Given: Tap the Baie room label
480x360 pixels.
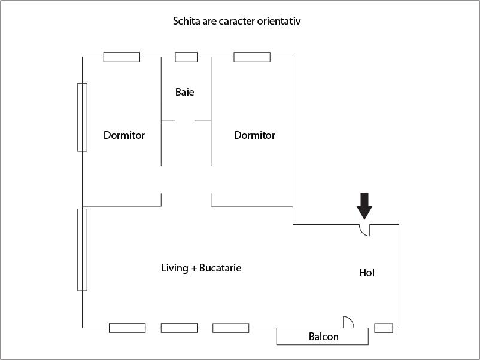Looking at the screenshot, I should tap(185, 92).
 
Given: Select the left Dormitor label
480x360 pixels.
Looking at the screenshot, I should tap(124, 135).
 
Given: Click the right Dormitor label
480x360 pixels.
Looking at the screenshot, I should tap(254, 135).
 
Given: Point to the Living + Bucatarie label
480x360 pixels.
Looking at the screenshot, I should tap(201, 268).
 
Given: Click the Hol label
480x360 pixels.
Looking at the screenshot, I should tap(366, 273).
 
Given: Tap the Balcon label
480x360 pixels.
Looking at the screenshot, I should tap(323, 337).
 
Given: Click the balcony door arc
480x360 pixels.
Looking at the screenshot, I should tap(348, 322).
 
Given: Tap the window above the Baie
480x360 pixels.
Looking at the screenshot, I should tap(186, 57).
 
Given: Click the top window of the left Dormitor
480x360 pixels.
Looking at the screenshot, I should tap(121, 57).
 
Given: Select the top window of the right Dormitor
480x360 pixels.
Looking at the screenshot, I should tap(252, 57).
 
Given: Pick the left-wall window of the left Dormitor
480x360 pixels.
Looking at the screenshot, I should tap(82, 117).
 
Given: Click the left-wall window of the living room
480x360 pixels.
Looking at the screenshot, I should tap(82, 249).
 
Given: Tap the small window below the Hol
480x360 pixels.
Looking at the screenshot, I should tap(384, 328).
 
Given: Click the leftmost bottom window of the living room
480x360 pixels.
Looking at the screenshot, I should tap(127, 328).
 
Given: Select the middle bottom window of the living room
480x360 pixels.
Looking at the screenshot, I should tap(179, 328).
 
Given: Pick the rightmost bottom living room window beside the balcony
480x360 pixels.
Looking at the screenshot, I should tap(231, 328).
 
